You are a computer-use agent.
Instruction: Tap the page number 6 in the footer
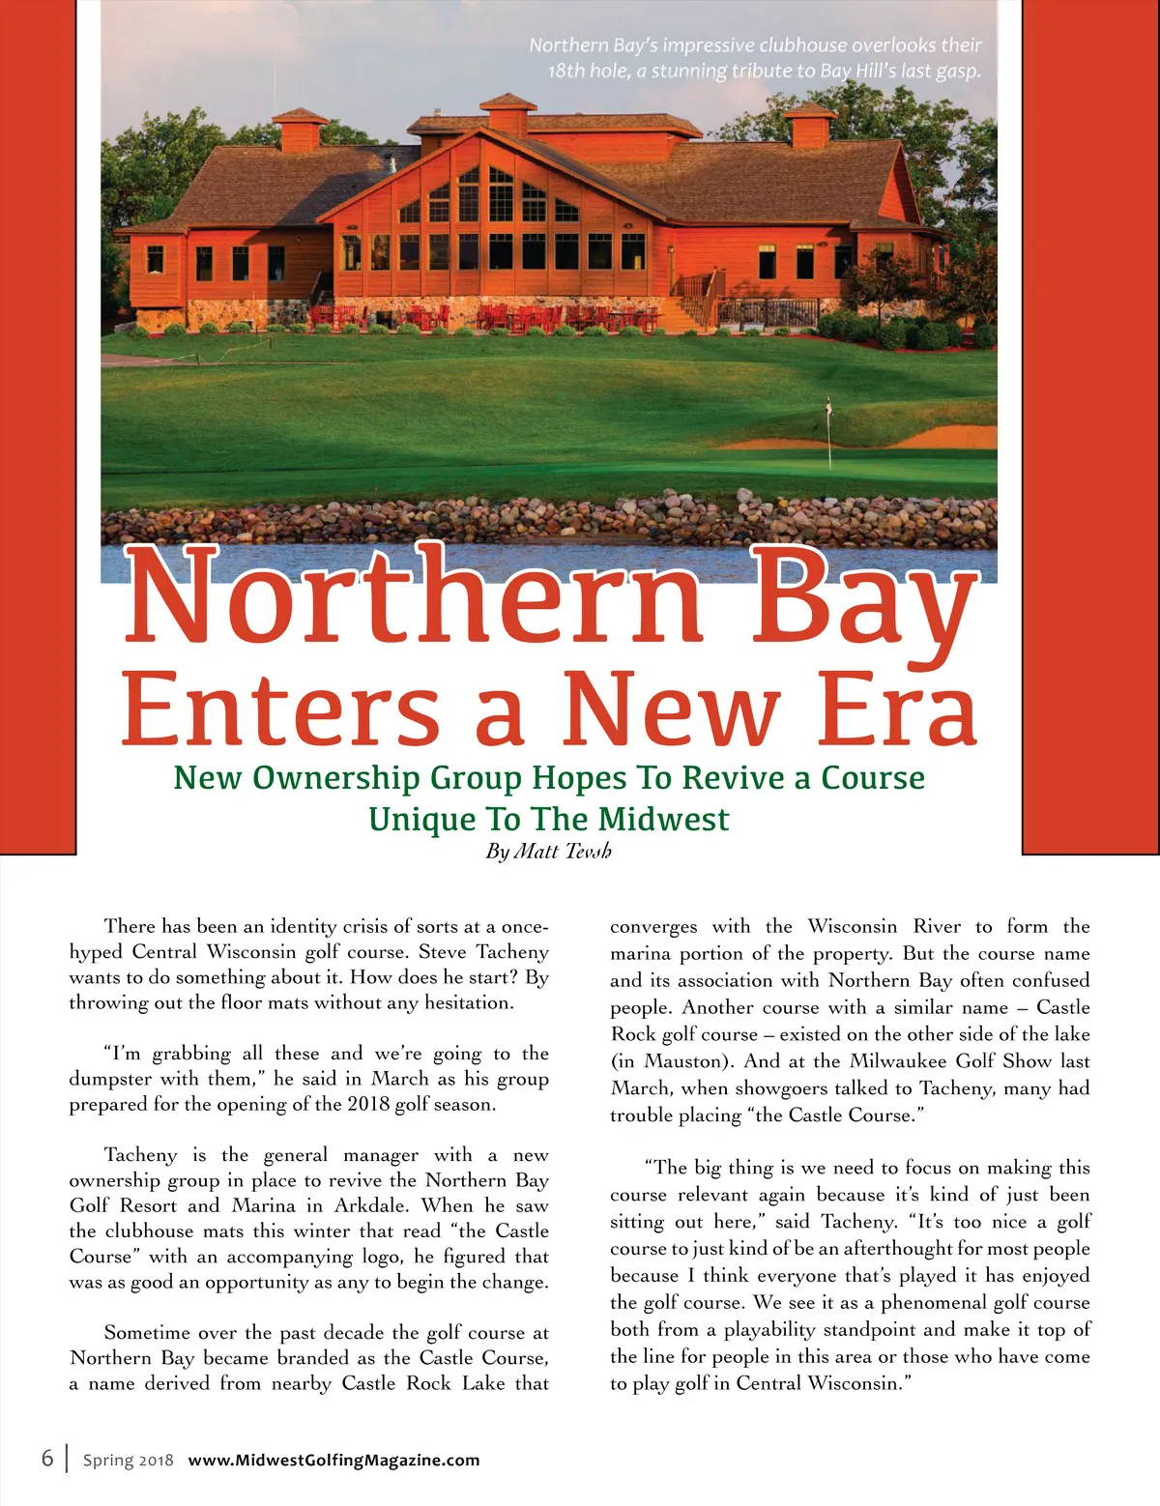click(x=46, y=1458)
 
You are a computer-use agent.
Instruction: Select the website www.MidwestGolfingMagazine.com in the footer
click(x=333, y=1460)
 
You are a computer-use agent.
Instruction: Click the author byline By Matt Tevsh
click(x=548, y=852)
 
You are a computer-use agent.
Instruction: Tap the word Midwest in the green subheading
click(x=663, y=820)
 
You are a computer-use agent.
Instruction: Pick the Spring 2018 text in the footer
click(x=128, y=1460)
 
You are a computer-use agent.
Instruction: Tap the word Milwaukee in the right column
click(x=893, y=1061)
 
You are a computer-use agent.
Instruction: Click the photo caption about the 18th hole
click(x=755, y=58)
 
